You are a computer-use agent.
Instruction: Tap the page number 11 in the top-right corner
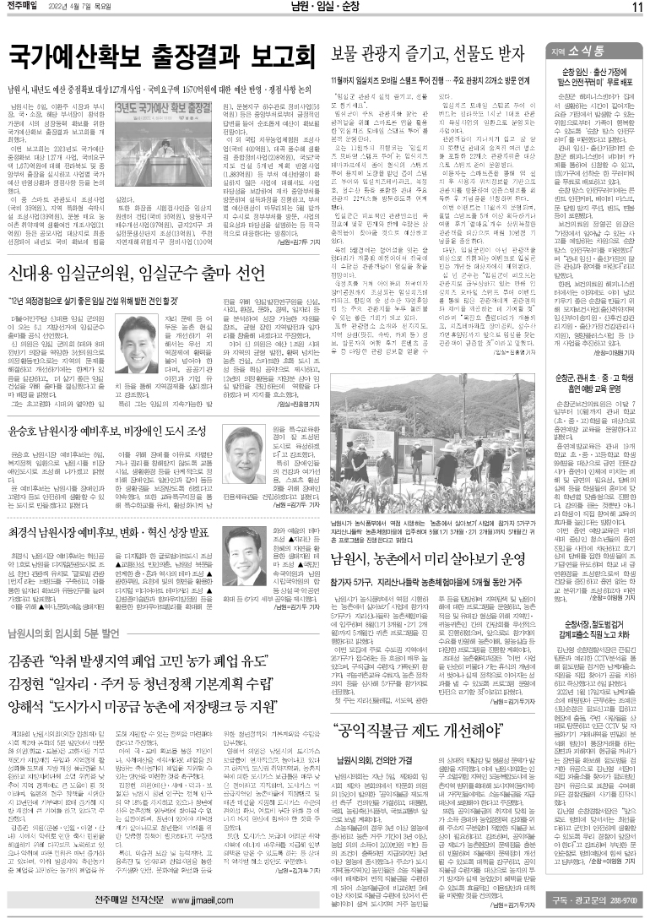point(636,8)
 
